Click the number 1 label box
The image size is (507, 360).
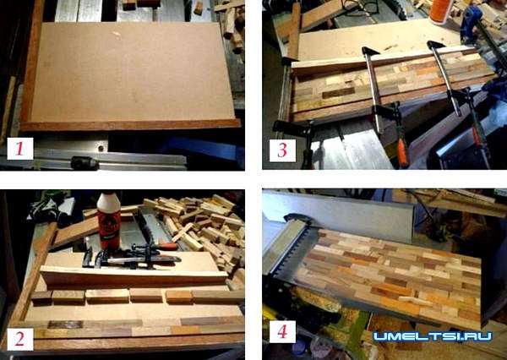click(x=20, y=149)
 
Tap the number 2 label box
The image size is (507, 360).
click(x=20, y=339)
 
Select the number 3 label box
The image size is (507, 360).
click(x=282, y=150)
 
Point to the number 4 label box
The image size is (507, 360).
click(x=282, y=331)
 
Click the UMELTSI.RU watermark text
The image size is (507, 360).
click(x=433, y=336)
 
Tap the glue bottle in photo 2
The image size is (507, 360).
click(x=109, y=221)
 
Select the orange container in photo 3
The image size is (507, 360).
click(x=442, y=11)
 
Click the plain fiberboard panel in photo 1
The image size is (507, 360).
click(x=131, y=71)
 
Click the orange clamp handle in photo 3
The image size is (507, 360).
click(x=403, y=151)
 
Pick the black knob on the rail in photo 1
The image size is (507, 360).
click(x=84, y=163)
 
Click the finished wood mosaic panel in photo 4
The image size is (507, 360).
click(x=388, y=276)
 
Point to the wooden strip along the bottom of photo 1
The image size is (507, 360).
click(x=131, y=125)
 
